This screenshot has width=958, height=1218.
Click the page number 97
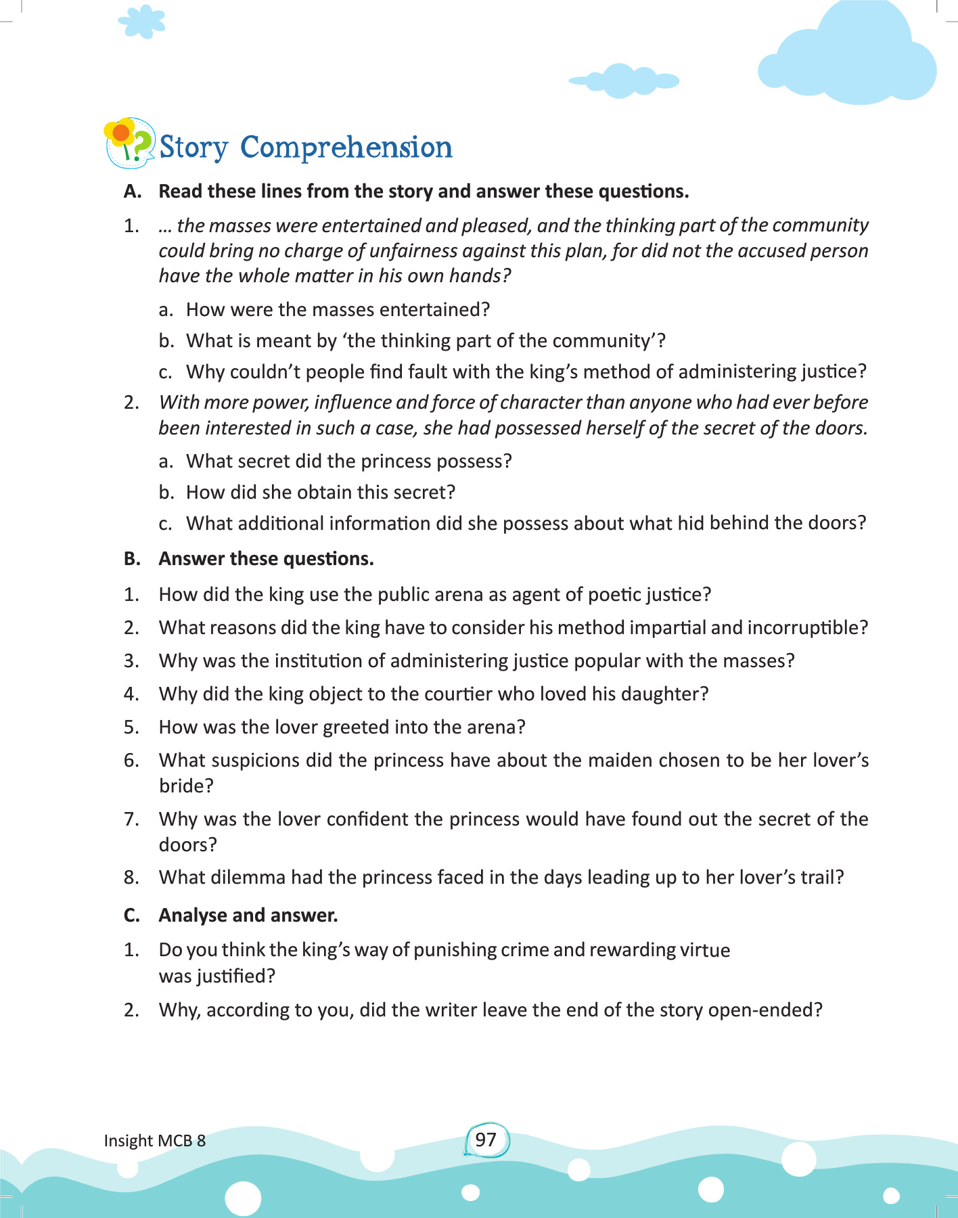(486, 1140)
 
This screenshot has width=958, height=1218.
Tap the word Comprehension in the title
(346, 148)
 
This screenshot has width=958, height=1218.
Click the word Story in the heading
(193, 148)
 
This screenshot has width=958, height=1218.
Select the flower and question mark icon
(129, 143)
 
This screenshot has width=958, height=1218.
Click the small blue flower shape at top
(141, 22)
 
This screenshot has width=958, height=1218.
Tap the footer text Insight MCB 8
(154, 1141)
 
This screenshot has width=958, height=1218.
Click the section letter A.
(132, 191)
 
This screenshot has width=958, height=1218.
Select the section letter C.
(132, 916)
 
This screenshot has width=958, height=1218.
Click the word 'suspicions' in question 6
(254, 761)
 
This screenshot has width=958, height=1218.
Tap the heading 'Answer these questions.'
(266, 559)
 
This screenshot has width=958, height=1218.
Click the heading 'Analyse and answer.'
(248, 916)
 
